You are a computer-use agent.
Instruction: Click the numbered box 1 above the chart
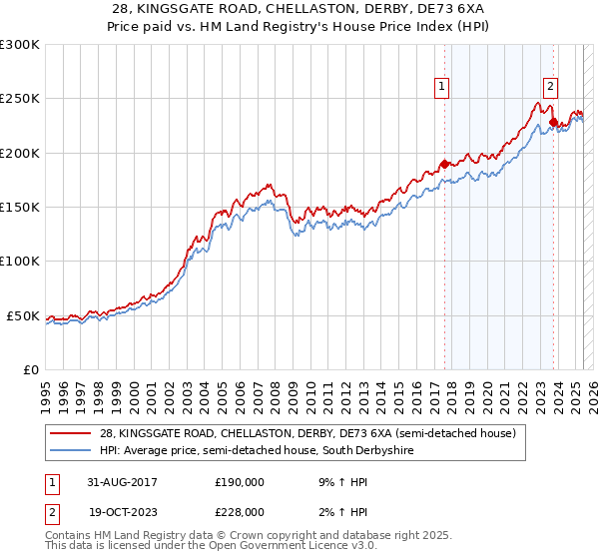[441, 87]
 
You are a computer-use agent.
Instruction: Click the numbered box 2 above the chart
[550, 87]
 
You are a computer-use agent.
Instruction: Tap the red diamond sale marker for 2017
[444, 164]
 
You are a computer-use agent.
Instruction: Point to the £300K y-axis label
[20, 45]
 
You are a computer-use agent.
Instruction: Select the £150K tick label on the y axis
[20, 208]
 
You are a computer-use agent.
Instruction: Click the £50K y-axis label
[23, 315]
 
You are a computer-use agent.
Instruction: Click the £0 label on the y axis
[30, 369]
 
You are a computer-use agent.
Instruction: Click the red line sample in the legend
[71, 433]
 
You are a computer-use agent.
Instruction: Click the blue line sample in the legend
[71, 451]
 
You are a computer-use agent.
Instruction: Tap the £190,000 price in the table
[239, 481]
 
